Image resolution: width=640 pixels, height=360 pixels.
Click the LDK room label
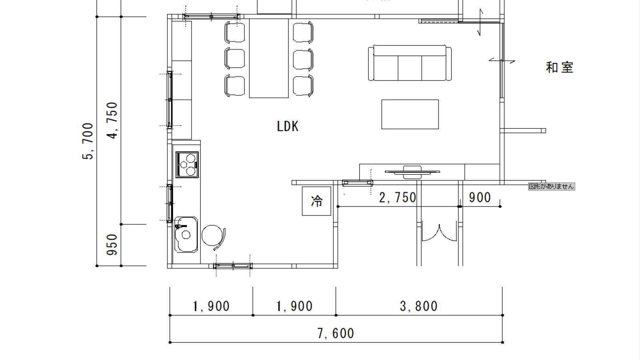(x=288, y=126)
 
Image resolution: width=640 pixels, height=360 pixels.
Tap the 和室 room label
(x=560, y=68)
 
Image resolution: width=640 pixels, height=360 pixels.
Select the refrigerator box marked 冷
(x=316, y=201)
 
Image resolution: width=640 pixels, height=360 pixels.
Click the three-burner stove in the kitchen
(x=187, y=164)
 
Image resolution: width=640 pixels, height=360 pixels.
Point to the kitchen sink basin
(x=186, y=234)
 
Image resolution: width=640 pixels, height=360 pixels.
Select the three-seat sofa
(x=410, y=63)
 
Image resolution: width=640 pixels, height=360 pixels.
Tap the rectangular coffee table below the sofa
(x=410, y=114)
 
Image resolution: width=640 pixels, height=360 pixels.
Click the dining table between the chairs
(x=269, y=58)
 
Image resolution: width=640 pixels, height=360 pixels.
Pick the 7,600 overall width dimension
(x=336, y=334)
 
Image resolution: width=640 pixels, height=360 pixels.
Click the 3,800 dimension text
(x=418, y=306)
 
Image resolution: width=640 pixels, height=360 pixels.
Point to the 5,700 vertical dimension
(x=88, y=141)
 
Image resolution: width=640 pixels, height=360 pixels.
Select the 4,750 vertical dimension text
(x=112, y=120)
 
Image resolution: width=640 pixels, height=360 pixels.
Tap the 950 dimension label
(x=112, y=244)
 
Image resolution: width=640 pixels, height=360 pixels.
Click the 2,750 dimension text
(x=398, y=198)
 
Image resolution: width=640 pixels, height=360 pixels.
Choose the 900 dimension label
(x=480, y=198)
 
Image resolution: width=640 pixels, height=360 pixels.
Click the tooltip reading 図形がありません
(x=552, y=186)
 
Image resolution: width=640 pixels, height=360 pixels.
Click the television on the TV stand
(x=412, y=172)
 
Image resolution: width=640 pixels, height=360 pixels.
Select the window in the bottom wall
(x=233, y=266)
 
